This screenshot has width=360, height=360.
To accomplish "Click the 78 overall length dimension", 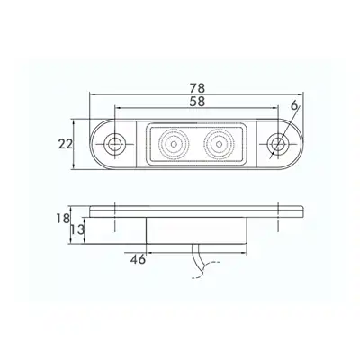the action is (x=197, y=88).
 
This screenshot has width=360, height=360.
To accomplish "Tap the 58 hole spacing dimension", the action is (x=197, y=102).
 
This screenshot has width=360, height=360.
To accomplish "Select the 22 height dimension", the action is (x=66, y=145).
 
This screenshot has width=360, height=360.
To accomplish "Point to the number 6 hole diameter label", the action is (x=294, y=105).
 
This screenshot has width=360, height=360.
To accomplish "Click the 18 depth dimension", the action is (x=62, y=219).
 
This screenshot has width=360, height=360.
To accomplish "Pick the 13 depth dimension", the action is (x=78, y=230).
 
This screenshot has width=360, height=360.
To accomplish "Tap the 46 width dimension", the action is (x=138, y=259).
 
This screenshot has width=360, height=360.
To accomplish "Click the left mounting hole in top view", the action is (x=114, y=144).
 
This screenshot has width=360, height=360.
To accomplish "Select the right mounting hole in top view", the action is (x=278, y=144).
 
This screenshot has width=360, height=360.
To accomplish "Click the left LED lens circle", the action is (x=174, y=144).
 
